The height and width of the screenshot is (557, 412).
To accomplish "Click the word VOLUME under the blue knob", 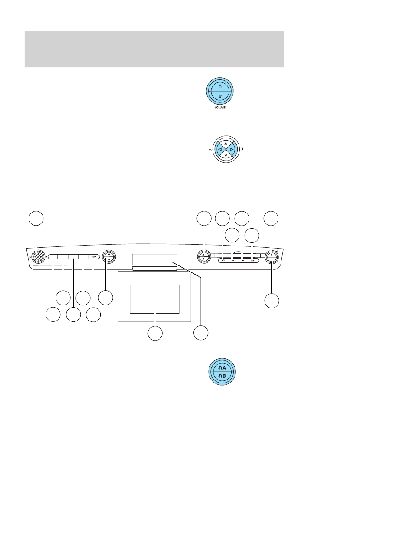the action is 220,108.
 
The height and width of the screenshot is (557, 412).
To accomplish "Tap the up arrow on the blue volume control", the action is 220,85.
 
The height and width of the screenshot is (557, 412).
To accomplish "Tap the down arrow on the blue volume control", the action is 220,96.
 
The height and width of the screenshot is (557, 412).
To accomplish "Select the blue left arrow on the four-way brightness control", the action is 220,149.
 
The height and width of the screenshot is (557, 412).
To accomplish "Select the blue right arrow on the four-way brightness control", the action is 232,149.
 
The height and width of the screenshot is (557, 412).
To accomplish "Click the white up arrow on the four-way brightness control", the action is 226,144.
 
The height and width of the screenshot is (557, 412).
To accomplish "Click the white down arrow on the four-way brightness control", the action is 226,155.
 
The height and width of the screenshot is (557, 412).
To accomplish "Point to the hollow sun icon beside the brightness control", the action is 210,150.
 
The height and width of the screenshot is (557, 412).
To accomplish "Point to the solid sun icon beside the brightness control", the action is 242,149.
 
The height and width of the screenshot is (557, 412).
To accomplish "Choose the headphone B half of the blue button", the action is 222,377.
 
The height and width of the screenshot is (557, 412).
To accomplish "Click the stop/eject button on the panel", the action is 223,260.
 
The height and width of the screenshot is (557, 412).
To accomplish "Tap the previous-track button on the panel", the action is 233,260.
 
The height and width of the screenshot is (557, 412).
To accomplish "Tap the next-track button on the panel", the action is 243,260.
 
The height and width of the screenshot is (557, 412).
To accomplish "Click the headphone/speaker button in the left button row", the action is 95,257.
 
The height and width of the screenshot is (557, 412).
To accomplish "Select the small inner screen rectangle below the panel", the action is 154,299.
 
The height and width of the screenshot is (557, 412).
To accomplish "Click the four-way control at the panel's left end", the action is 38,257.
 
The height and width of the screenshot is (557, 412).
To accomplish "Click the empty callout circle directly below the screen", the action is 155,333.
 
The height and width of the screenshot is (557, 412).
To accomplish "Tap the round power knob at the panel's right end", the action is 271,257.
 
